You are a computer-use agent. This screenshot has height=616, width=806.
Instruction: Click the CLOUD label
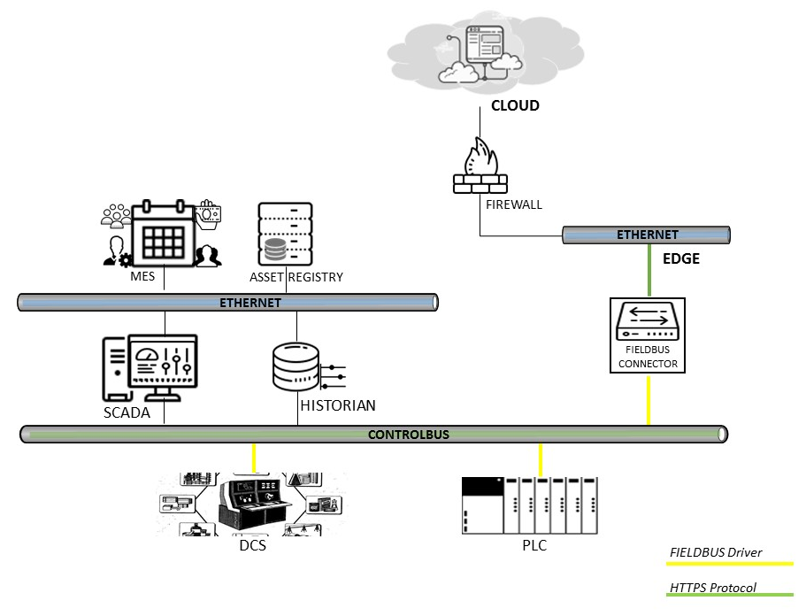pos(515,106)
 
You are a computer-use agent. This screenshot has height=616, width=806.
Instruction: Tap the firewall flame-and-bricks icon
pos(480,166)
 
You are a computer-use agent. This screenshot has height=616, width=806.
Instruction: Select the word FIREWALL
pos(513,204)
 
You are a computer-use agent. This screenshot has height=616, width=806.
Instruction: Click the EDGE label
pos(681,259)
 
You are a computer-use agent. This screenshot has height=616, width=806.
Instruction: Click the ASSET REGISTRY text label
pos(296,277)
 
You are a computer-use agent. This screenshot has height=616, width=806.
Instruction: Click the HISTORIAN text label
pos(337,405)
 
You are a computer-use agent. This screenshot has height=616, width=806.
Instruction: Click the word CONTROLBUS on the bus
pos(409,435)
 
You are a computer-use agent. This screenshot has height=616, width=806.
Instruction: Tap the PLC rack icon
pos(530,504)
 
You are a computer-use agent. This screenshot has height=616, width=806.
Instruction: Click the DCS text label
pos(252,545)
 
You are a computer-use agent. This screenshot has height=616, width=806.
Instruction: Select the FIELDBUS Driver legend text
pos(716,552)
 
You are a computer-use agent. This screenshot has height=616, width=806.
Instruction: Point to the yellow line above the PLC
pos(540,459)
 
